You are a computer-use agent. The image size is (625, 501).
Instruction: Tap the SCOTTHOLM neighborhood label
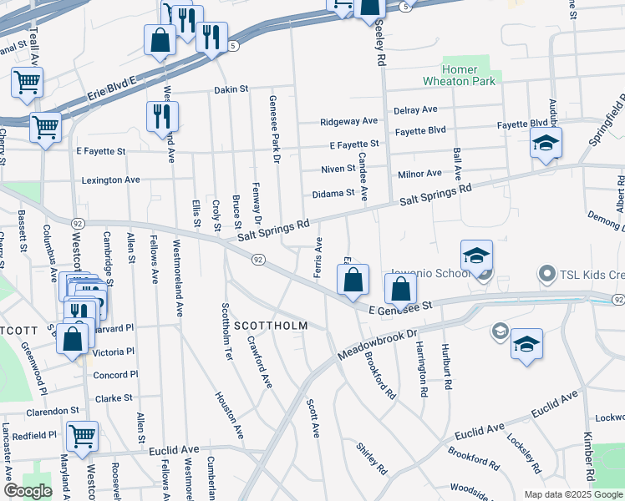[271, 325]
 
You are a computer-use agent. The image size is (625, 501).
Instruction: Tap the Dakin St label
[231, 89]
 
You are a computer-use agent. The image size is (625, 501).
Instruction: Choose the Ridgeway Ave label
[349, 122]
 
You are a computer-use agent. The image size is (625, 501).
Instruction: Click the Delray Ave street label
[415, 109]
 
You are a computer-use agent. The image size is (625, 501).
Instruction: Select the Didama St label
[333, 194]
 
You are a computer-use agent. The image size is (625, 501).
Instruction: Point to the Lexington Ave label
[110, 180]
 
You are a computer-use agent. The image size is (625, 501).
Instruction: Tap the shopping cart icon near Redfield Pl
[83, 436]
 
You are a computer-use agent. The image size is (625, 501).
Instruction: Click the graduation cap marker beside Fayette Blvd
[546, 144]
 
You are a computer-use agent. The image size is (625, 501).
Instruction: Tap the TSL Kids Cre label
[590, 273]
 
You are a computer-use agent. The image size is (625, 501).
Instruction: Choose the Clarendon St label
[52, 412]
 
